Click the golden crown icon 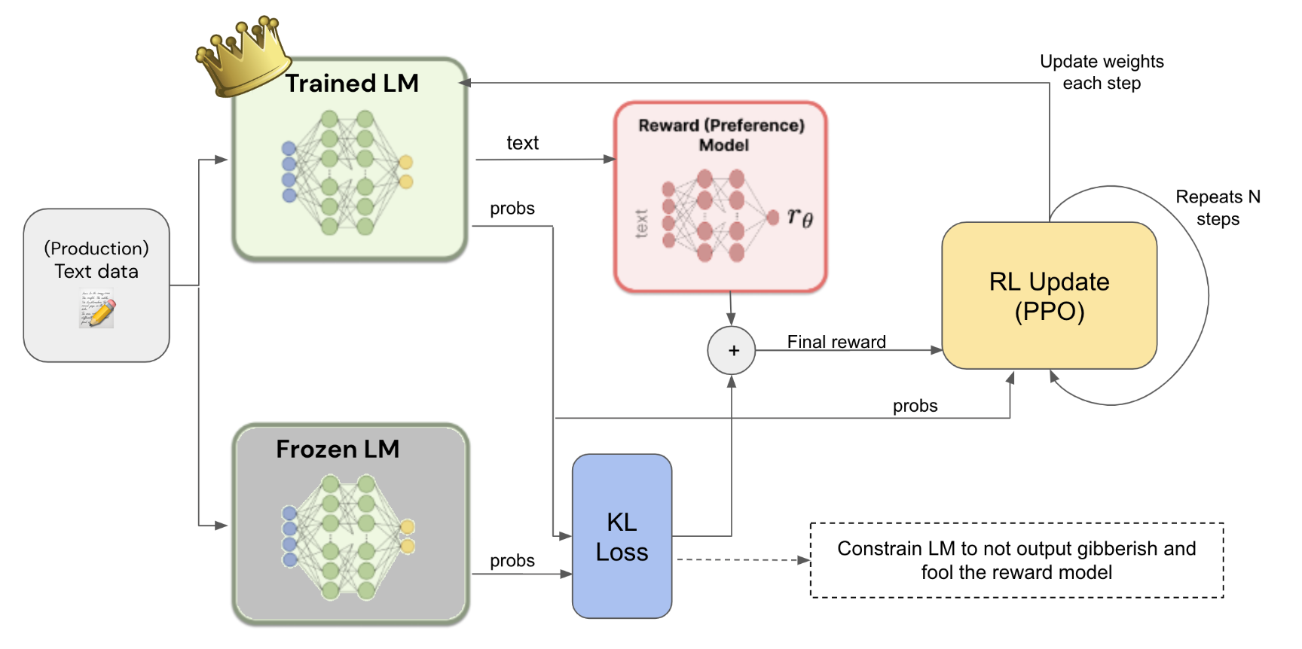pyautogui.click(x=243, y=57)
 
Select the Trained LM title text pyautogui.click(x=352, y=84)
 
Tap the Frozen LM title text pyautogui.click(x=338, y=449)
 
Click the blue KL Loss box pyautogui.click(x=622, y=537)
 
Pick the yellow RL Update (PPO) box pyautogui.click(x=1049, y=296)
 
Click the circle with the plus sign pyautogui.click(x=732, y=351)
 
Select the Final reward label pyautogui.click(x=836, y=342)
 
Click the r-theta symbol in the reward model pyautogui.click(x=799, y=217)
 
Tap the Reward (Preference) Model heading pyautogui.click(x=721, y=136)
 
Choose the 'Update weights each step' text pyautogui.click(x=1102, y=72)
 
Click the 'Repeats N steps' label pyautogui.click(x=1218, y=208)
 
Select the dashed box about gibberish pyautogui.click(x=1016, y=560)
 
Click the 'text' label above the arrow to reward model pyautogui.click(x=522, y=143)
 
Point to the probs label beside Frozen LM pyautogui.click(x=512, y=561)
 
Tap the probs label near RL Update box pyautogui.click(x=915, y=406)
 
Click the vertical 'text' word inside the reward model pyautogui.click(x=641, y=224)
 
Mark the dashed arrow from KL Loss pyautogui.click(x=742, y=559)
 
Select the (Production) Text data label pyautogui.click(x=96, y=260)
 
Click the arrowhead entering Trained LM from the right pyautogui.click(x=465, y=83)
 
